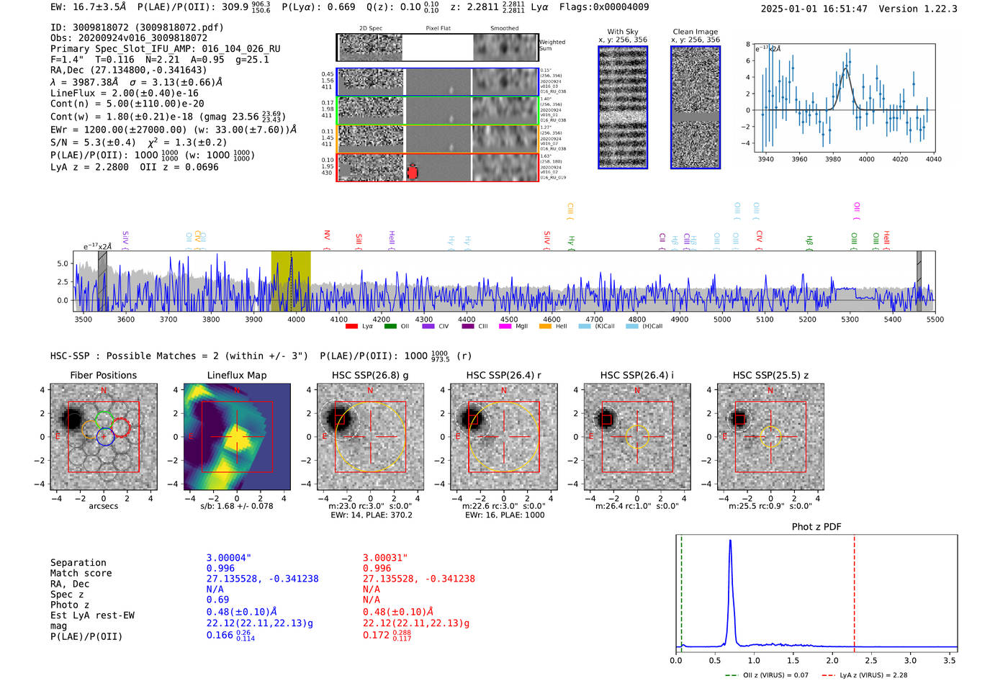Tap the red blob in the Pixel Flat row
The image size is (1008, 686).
point(413,172)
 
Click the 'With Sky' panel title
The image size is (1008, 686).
point(622,32)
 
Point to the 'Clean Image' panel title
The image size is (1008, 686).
point(695,32)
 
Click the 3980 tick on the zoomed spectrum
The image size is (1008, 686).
point(833,159)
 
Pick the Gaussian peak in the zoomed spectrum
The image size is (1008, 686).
point(846,69)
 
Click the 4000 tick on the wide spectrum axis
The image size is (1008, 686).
point(297,319)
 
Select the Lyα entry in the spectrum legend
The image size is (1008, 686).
point(360,326)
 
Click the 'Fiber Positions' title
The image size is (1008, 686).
point(103,375)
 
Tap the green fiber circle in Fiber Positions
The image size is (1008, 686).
point(104,418)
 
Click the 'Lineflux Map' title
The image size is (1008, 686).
point(236,375)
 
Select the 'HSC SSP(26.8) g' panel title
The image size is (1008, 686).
point(370,375)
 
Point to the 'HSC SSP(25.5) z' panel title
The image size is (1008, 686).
point(770,375)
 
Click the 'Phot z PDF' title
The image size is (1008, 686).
point(816,527)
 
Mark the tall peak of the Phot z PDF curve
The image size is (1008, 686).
point(730,541)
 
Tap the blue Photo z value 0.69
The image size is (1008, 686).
point(217,600)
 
